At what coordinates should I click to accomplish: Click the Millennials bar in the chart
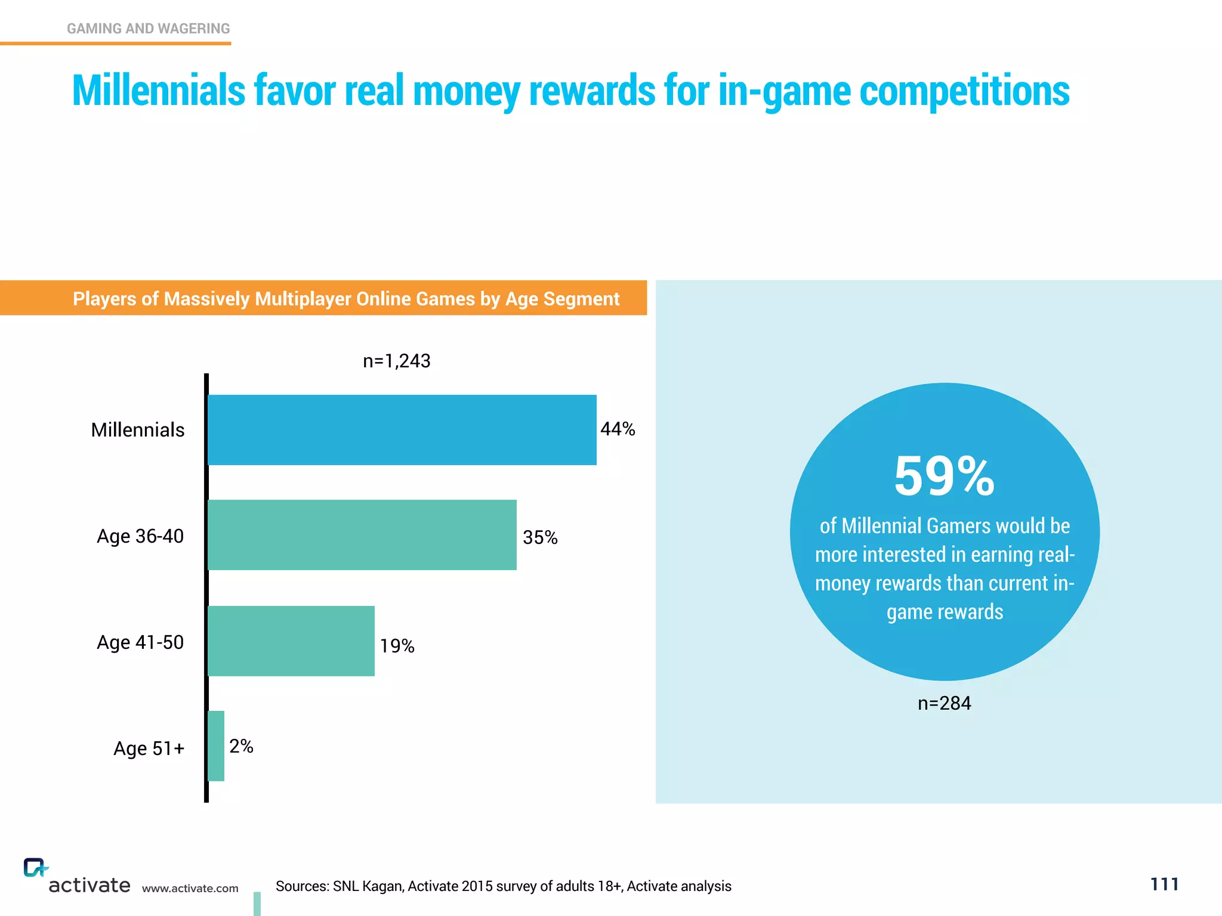click(402, 429)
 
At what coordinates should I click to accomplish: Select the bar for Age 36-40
click(362, 535)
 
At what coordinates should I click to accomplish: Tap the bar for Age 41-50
click(291, 641)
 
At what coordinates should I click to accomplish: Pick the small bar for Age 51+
click(216, 746)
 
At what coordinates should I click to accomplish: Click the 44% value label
click(618, 429)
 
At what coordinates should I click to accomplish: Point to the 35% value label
click(540, 537)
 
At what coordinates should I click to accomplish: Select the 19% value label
click(397, 646)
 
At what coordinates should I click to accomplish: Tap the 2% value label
click(241, 746)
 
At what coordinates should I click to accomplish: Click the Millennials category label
click(138, 430)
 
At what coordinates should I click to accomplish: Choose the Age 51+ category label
click(149, 748)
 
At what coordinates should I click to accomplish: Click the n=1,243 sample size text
click(397, 361)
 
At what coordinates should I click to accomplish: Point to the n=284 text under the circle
click(945, 703)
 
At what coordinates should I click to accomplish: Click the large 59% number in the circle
click(945, 476)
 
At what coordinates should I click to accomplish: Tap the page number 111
click(1164, 884)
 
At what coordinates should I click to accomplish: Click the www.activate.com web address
click(190, 889)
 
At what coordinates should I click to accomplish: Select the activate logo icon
click(35, 868)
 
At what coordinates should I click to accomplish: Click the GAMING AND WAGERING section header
click(148, 29)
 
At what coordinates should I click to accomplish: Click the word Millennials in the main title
click(159, 91)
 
